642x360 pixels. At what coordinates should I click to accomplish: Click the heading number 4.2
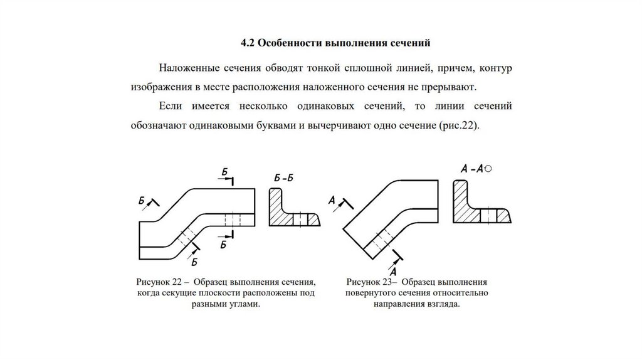click(x=248, y=43)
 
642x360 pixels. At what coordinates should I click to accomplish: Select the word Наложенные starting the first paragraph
click(x=190, y=67)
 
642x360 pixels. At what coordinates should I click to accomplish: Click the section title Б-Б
click(x=284, y=179)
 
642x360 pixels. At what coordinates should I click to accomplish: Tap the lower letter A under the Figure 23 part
click(x=393, y=272)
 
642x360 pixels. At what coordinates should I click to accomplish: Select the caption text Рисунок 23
click(x=370, y=282)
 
